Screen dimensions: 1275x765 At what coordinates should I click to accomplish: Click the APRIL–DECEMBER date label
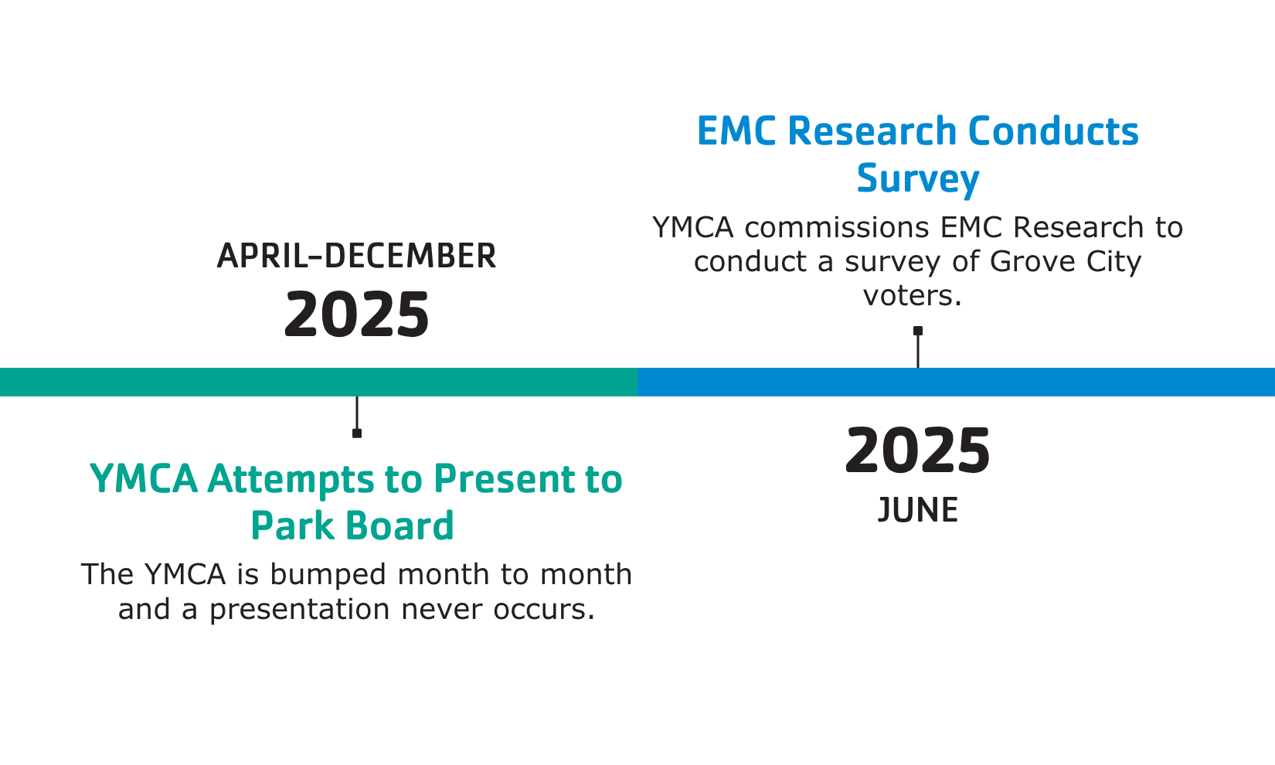click(356, 256)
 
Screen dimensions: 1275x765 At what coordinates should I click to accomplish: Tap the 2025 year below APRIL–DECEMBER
click(356, 314)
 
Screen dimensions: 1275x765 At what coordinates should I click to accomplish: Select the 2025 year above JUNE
click(917, 450)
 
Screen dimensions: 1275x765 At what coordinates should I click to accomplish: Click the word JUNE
click(917, 509)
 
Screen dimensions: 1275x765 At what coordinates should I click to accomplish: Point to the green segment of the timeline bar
click(318, 382)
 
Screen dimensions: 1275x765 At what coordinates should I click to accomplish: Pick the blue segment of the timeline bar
click(957, 382)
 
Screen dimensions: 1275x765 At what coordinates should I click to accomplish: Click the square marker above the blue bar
click(918, 331)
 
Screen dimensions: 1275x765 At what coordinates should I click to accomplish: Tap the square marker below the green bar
click(357, 433)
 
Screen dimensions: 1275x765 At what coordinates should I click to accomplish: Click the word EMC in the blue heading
click(736, 131)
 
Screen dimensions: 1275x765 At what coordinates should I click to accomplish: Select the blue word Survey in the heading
click(917, 178)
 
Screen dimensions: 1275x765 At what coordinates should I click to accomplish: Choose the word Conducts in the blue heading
click(1053, 131)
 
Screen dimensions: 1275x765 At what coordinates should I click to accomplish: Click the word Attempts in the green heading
click(291, 479)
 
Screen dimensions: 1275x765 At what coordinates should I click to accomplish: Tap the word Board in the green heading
click(399, 525)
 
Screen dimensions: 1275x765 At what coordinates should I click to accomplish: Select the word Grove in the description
click(1032, 262)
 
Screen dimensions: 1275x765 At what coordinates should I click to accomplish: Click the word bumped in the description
click(328, 573)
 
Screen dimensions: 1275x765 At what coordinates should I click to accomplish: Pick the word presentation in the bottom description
click(299, 610)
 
